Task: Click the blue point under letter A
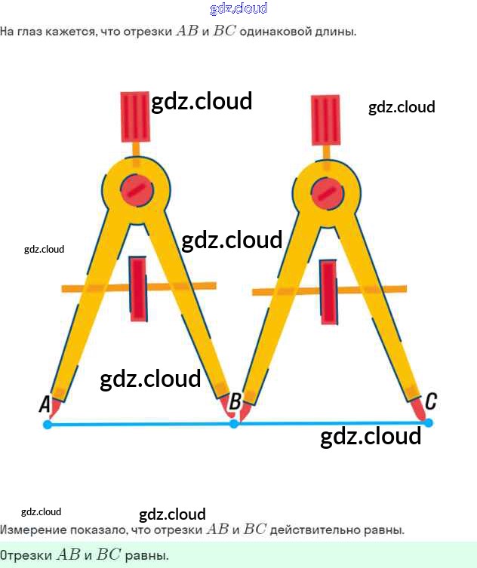pyautogui.click(x=48, y=425)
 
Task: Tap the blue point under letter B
pyautogui.click(x=234, y=424)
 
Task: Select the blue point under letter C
pyautogui.click(x=429, y=423)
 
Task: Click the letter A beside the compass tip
pyautogui.click(x=45, y=405)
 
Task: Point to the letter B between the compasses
pyautogui.click(x=235, y=401)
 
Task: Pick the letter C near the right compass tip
pyautogui.click(x=430, y=401)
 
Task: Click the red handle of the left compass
pyautogui.click(x=136, y=117)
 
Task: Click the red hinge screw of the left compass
pyautogui.click(x=137, y=189)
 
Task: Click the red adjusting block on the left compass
pyautogui.click(x=137, y=289)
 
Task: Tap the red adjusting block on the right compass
pyautogui.click(x=328, y=292)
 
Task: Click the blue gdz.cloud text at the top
pyautogui.click(x=238, y=9)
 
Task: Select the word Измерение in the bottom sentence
pyautogui.click(x=29, y=530)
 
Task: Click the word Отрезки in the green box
pyautogui.click(x=26, y=555)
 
